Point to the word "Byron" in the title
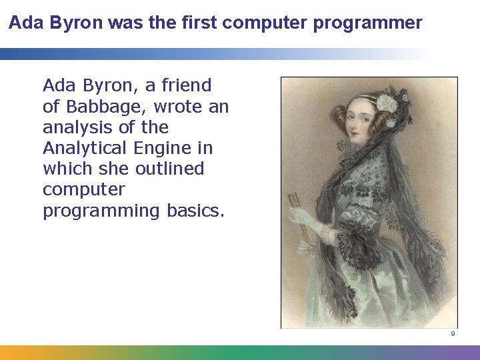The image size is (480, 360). (x=63, y=23)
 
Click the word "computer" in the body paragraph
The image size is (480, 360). (x=83, y=189)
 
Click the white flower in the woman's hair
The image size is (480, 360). (x=387, y=103)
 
